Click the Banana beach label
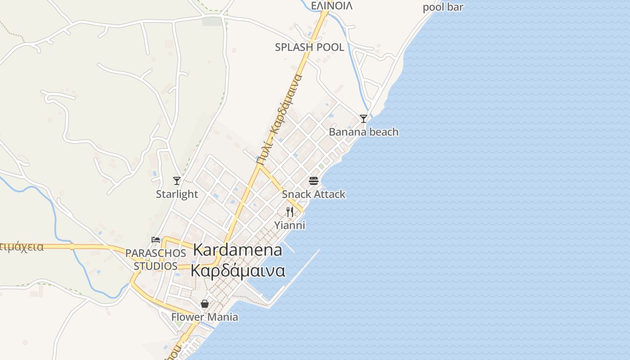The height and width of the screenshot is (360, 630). pos(364,132)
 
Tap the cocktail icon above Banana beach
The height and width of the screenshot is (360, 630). pos(364,119)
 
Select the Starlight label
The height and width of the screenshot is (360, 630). pos(177,194)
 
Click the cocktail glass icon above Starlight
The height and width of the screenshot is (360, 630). pos(177,181)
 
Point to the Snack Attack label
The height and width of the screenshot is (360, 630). pos(314,194)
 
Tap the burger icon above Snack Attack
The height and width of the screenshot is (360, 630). pos(314,181)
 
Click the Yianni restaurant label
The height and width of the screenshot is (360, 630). pos(290,225)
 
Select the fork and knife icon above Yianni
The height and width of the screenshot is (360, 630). pos(290,211)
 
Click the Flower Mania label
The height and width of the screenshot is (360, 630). pos(205,317)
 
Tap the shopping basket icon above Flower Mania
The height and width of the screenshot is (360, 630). pos(205,304)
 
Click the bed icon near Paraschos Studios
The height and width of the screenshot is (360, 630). pos(156,239)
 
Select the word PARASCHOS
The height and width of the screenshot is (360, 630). pos(156,253)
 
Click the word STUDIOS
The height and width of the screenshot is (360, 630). pos(156,266)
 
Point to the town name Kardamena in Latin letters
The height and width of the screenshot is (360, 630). pos(238,250)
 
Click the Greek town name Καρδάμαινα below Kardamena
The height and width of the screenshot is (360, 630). pos(238,271)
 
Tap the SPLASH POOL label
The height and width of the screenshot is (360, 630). pos(310,47)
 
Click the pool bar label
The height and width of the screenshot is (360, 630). pos(443,7)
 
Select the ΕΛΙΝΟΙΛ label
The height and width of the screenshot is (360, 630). pos(332,6)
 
